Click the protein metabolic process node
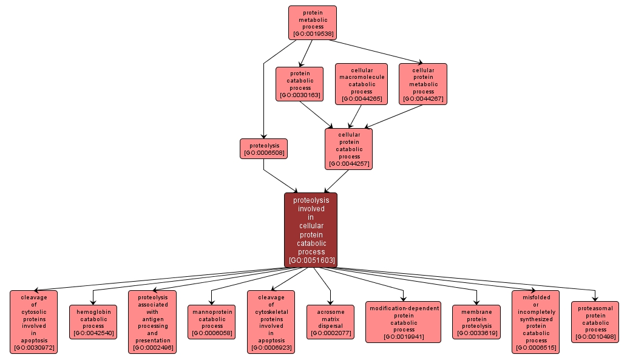(312, 23)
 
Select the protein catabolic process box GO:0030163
(299, 84)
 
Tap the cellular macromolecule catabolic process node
(361, 84)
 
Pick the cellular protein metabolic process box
(423, 84)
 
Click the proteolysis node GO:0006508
(263, 149)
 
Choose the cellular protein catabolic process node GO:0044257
(349, 149)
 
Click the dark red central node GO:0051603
(311, 230)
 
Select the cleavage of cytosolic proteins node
(33, 322)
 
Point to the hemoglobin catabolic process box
(93, 322)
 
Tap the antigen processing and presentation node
(152, 322)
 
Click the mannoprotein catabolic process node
(212, 322)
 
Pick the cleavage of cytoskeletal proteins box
(271, 322)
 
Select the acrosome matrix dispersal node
(330, 322)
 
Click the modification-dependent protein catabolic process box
(404, 322)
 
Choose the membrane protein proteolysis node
(476, 322)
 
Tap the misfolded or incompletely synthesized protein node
(535, 322)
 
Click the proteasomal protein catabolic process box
(595, 322)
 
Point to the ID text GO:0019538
(312, 34)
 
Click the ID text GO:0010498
(595, 337)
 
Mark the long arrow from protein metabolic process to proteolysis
(263, 91)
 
